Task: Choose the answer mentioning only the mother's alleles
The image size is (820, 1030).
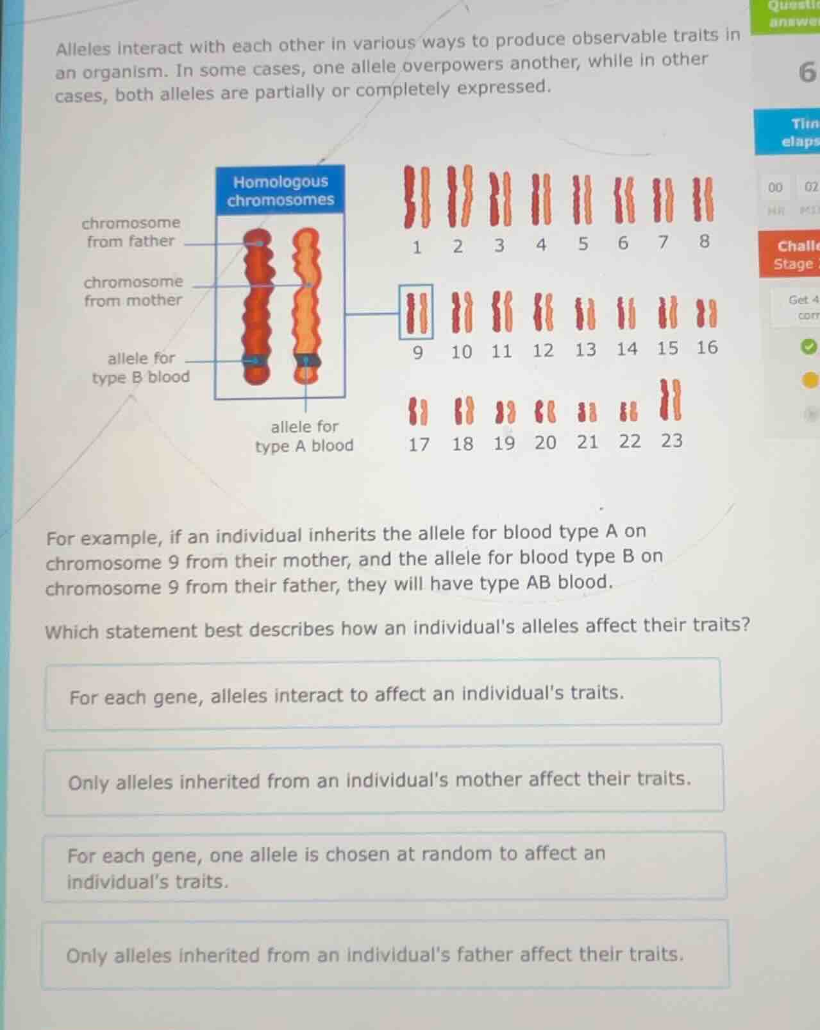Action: pos(383,780)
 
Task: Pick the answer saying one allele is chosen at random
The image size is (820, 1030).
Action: pos(383,867)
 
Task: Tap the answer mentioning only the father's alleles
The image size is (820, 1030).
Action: pos(385,955)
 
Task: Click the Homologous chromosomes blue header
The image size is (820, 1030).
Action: pos(280,191)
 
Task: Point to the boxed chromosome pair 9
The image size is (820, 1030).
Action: pos(416,313)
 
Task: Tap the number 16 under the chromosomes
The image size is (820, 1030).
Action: pos(707,348)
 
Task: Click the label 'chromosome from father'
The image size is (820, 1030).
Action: pos(131,232)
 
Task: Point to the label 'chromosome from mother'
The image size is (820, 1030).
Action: pos(133,291)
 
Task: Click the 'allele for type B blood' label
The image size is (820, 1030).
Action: pos(141,368)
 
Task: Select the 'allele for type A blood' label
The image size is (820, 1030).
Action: pos(305,436)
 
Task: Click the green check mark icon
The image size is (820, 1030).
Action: pos(809,347)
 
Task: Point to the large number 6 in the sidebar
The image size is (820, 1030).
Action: pos(807,73)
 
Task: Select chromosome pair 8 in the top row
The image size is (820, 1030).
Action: pos(703,200)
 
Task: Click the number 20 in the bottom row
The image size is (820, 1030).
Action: pos(546,443)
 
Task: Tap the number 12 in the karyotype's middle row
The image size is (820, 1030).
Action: pos(543,350)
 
